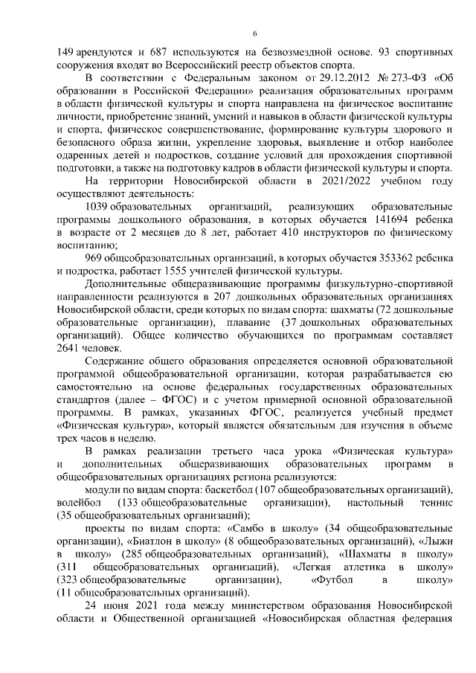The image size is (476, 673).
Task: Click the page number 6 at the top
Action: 254,33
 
